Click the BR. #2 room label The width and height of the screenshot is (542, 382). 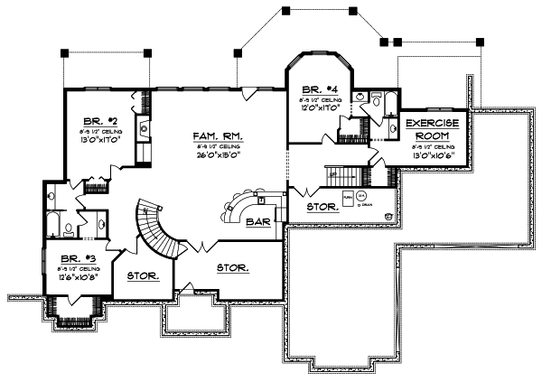(94, 120)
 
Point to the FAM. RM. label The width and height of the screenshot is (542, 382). (220, 136)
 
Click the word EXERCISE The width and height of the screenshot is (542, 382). (431, 123)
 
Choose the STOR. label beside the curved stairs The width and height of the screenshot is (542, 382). (143, 275)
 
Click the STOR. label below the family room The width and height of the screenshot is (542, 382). (232, 267)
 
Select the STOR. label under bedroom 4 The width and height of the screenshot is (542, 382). (322, 207)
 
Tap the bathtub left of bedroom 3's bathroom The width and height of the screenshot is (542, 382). (51, 224)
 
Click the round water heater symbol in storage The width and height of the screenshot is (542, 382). (361, 196)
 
